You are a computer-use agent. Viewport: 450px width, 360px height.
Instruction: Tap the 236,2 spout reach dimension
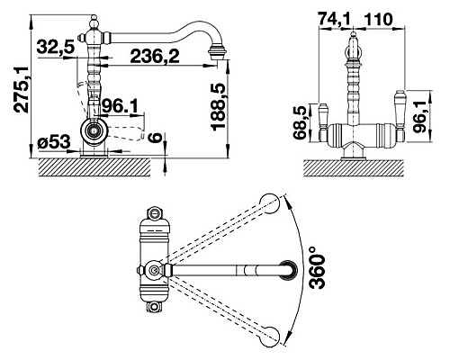tap(155, 56)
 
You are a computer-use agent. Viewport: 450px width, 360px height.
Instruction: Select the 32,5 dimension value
tap(55, 47)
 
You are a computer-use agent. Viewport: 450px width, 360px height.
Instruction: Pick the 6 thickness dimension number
tap(156, 139)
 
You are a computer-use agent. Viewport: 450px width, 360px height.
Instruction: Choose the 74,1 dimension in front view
tap(334, 20)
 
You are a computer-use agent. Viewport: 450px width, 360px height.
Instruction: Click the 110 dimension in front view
tap(378, 20)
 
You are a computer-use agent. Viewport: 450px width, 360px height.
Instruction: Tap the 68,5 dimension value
tap(301, 122)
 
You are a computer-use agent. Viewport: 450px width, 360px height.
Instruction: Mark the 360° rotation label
tap(317, 267)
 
